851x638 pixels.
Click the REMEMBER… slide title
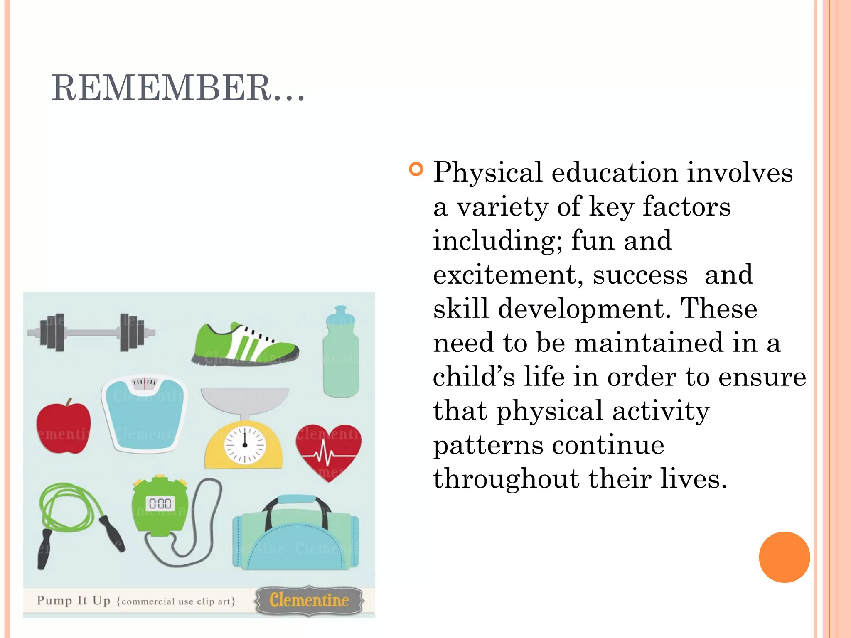[178, 88]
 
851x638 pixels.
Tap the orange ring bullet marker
[416, 169]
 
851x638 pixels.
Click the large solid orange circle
[784, 557]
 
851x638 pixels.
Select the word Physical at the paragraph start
[487, 172]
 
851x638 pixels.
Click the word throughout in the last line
[506, 479]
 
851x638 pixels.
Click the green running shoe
[245, 345]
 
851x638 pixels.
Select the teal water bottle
[341, 353]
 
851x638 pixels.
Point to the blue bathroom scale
[144, 413]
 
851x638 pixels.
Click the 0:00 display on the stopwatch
[160, 504]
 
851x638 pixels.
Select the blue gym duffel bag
[295, 536]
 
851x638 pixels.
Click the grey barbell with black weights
[91, 332]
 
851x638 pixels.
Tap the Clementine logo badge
[309, 600]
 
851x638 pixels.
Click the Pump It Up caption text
[74, 601]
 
